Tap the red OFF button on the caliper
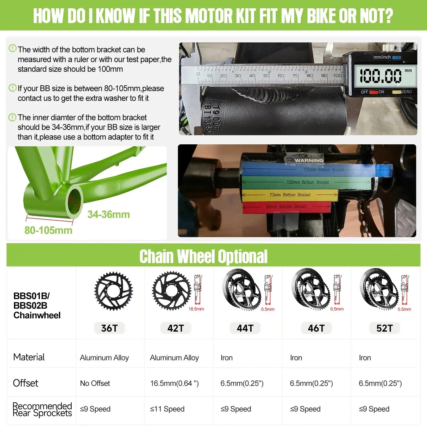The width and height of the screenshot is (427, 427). [x=374, y=92]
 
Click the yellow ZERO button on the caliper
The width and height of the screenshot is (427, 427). [x=397, y=92]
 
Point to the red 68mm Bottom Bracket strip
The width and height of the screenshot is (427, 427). [x=286, y=207]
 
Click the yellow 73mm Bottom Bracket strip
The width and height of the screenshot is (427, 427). [x=290, y=195]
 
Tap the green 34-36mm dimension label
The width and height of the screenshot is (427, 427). [x=108, y=214]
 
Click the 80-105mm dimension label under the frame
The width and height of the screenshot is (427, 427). [x=48, y=230]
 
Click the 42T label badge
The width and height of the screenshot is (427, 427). [x=175, y=328]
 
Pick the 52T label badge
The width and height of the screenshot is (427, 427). [x=384, y=328]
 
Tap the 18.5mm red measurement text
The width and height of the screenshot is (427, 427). [x=196, y=309]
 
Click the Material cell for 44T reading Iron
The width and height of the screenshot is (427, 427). [x=227, y=358]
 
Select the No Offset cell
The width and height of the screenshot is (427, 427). [x=95, y=383]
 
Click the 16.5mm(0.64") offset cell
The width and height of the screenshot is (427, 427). [x=174, y=383]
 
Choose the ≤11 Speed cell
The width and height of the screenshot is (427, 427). [x=167, y=409]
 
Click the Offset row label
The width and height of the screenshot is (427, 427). [x=26, y=383]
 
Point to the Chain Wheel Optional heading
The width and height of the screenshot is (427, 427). [x=203, y=256]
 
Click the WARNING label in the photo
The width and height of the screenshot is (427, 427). [x=309, y=160]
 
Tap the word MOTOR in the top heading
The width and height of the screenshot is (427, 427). [x=208, y=16]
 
